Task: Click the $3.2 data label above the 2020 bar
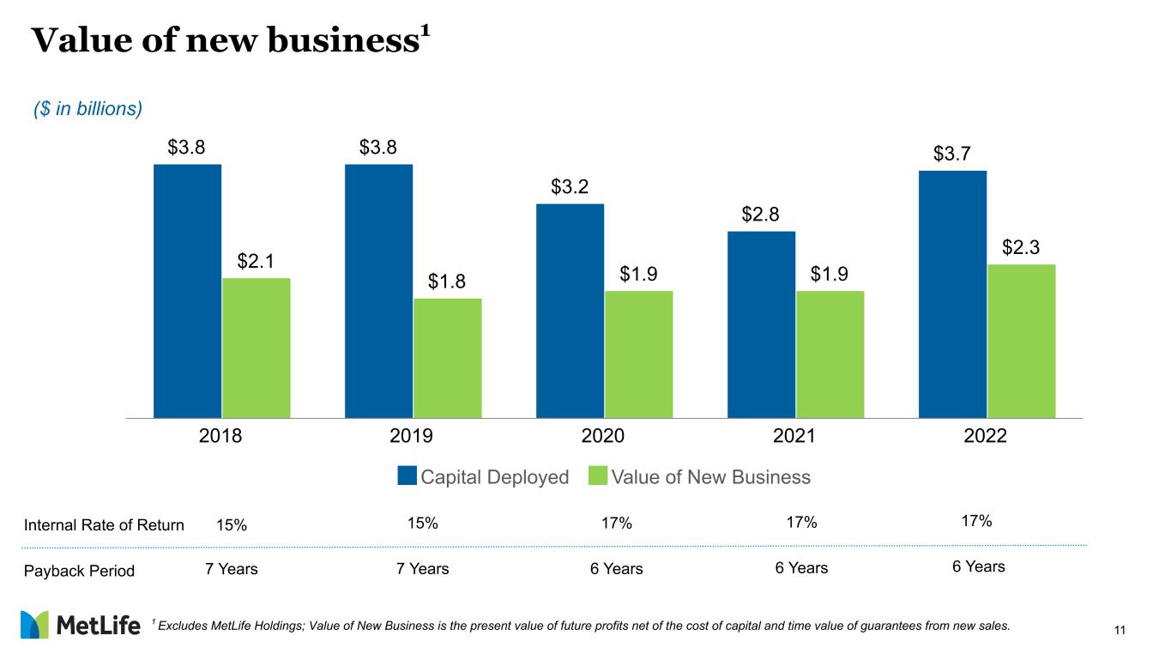570,187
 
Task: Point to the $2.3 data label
1021,247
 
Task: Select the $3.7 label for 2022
952,154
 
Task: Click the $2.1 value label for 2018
256,261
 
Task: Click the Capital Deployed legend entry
484,477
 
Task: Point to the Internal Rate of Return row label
103,525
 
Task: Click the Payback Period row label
78,571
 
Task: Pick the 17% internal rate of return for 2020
617,524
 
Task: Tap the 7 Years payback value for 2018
232,568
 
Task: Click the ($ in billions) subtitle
87,109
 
